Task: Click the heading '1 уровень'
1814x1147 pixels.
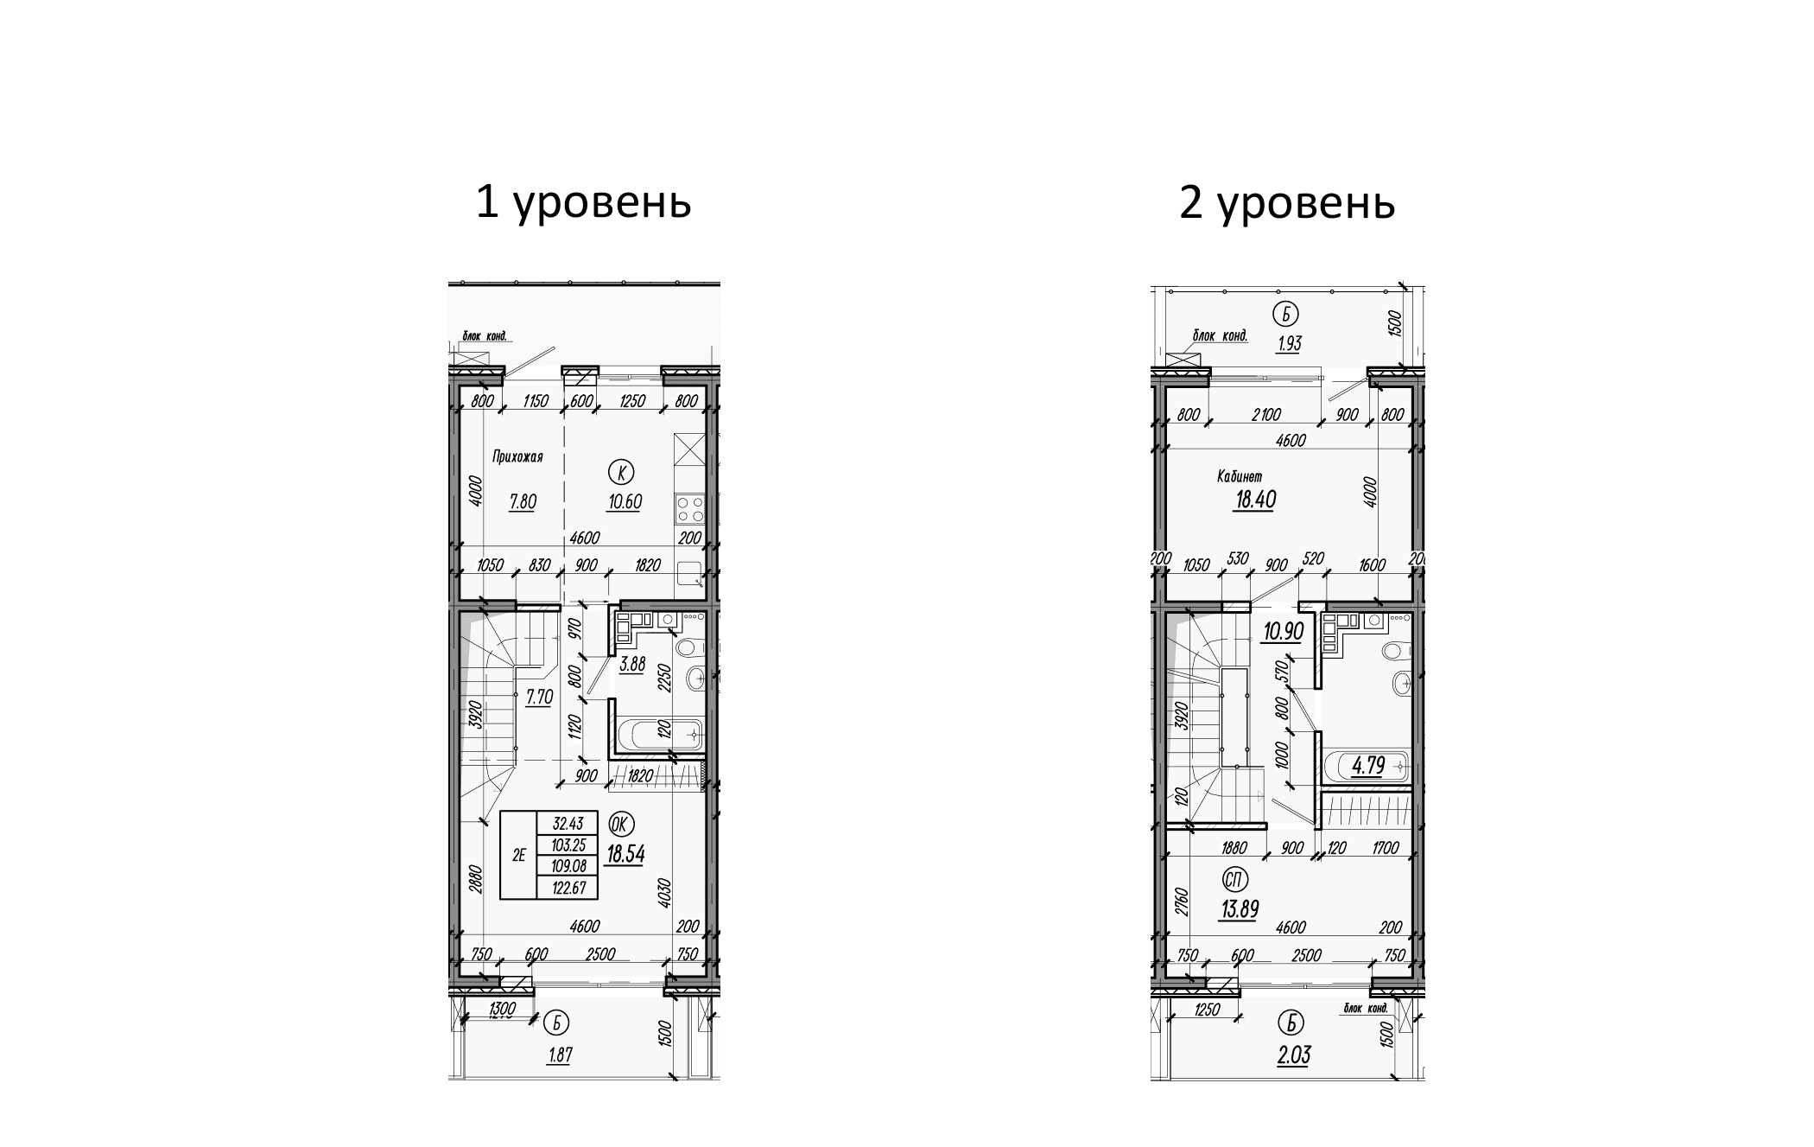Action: pos(583,203)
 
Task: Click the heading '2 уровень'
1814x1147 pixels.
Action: pos(1286,203)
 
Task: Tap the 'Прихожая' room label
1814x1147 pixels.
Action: pos(517,457)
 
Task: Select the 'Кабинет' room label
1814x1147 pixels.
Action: pos(1240,476)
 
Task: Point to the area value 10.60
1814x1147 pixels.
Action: pos(624,501)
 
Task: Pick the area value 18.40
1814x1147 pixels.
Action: pos(1254,500)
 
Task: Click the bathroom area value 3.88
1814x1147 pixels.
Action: pos(632,665)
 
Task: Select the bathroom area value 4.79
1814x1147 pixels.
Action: pos(1367,767)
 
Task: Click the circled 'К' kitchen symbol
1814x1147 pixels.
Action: pos(620,472)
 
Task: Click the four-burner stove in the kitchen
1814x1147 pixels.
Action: pos(690,508)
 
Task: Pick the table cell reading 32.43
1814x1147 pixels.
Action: pos(567,824)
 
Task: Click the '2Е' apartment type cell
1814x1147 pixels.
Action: pos(519,856)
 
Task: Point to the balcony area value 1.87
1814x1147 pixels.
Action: pos(561,1055)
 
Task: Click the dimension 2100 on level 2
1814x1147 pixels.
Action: pos(1265,416)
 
